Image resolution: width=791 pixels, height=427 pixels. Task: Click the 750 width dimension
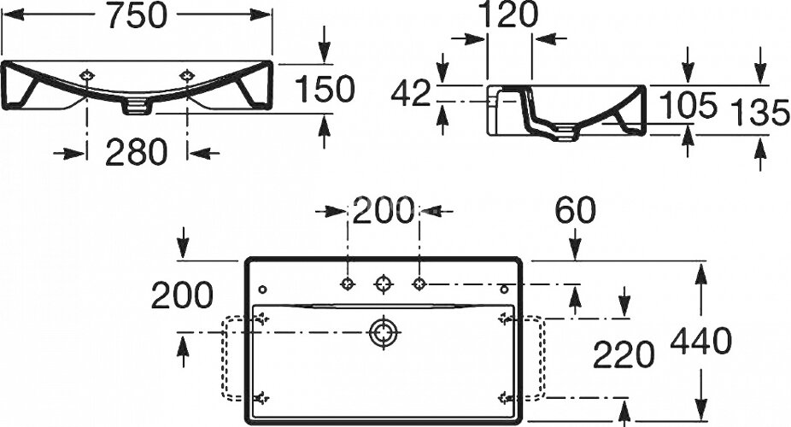pos(136,18)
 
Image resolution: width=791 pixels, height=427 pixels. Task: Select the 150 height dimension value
pos(324,89)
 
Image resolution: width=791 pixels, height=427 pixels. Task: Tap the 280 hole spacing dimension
pos(136,153)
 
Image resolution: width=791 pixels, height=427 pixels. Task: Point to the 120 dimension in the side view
pos(508,15)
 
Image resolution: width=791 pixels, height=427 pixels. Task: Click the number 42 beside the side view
pos(412,94)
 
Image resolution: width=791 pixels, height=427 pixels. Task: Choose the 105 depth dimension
pos(688,106)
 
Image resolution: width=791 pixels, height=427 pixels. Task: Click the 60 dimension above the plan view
pos(575,208)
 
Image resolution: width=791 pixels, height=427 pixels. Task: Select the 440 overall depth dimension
pos(700,342)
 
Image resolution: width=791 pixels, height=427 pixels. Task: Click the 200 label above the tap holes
pos(384,210)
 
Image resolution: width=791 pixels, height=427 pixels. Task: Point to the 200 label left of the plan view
pos(182,295)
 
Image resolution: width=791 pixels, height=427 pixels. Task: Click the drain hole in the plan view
pos(384,331)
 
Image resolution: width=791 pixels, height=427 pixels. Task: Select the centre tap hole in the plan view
pos(384,282)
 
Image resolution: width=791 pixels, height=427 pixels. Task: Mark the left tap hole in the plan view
pos(347,282)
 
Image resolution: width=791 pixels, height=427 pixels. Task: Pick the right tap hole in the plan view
pos(419,282)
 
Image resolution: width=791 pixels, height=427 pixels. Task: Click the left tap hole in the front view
pos(86,77)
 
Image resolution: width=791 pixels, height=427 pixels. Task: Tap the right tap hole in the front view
pos(187,77)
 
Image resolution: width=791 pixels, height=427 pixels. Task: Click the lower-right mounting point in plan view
pos(504,397)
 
